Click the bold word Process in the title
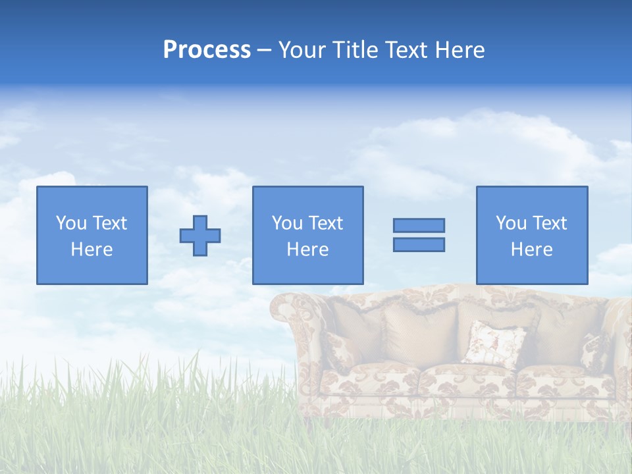pyautogui.click(x=207, y=49)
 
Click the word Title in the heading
pyautogui.click(x=356, y=49)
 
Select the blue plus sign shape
pyautogui.click(x=200, y=235)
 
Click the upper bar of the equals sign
pyautogui.click(x=419, y=225)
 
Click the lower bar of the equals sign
pyautogui.click(x=419, y=244)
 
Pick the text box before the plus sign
pyautogui.click(x=92, y=235)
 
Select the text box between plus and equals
pyautogui.click(x=307, y=235)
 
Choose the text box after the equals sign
pyautogui.click(x=531, y=235)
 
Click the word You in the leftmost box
pyautogui.click(x=71, y=223)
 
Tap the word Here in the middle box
pyautogui.click(x=307, y=250)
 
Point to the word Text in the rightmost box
pyautogui.click(x=549, y=223)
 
